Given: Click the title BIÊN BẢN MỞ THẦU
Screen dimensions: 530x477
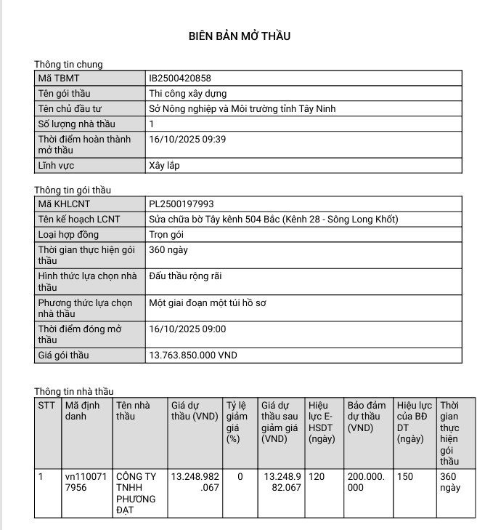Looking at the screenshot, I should click(239, 36).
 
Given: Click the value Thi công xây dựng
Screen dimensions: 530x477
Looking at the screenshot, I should click(187, 94).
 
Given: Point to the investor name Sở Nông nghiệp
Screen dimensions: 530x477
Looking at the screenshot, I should click(242, 109).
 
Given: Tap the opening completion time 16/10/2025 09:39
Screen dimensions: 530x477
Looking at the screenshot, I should click(187, 139).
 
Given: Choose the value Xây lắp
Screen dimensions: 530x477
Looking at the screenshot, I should click(164, 166).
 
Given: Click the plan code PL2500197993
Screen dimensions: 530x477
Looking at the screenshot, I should click(181, 204).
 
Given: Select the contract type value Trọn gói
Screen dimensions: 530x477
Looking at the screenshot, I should click(166, 235).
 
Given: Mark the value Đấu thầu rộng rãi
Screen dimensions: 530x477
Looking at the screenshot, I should click(185, 276).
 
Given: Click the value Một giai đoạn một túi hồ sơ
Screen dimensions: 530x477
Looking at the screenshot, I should click(207, 303).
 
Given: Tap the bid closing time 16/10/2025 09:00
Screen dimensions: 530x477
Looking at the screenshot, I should click(187, 329).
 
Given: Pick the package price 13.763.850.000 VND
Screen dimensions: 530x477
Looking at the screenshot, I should click(192, 356).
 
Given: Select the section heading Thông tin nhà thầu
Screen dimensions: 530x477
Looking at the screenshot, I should click(74, 391).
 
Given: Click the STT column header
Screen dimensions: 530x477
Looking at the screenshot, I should click(46, 405).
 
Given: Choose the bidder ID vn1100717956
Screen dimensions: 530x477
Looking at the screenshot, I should click(86, 482).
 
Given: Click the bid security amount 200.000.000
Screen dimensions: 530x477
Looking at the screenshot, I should click(365, 482).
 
